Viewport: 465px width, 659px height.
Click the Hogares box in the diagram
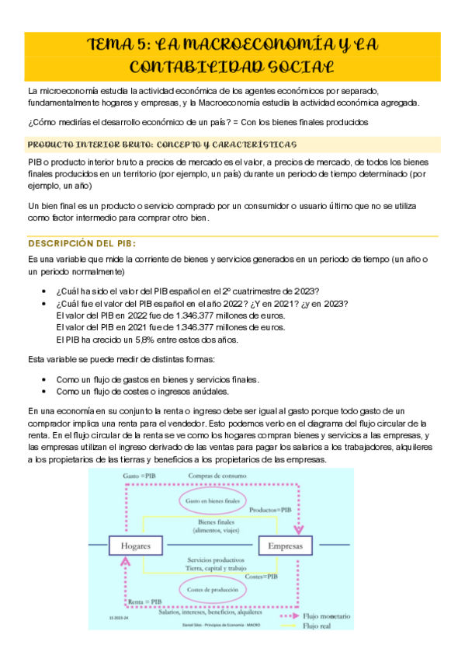click(135, 546)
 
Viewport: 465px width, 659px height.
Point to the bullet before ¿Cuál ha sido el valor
click(48, 290)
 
